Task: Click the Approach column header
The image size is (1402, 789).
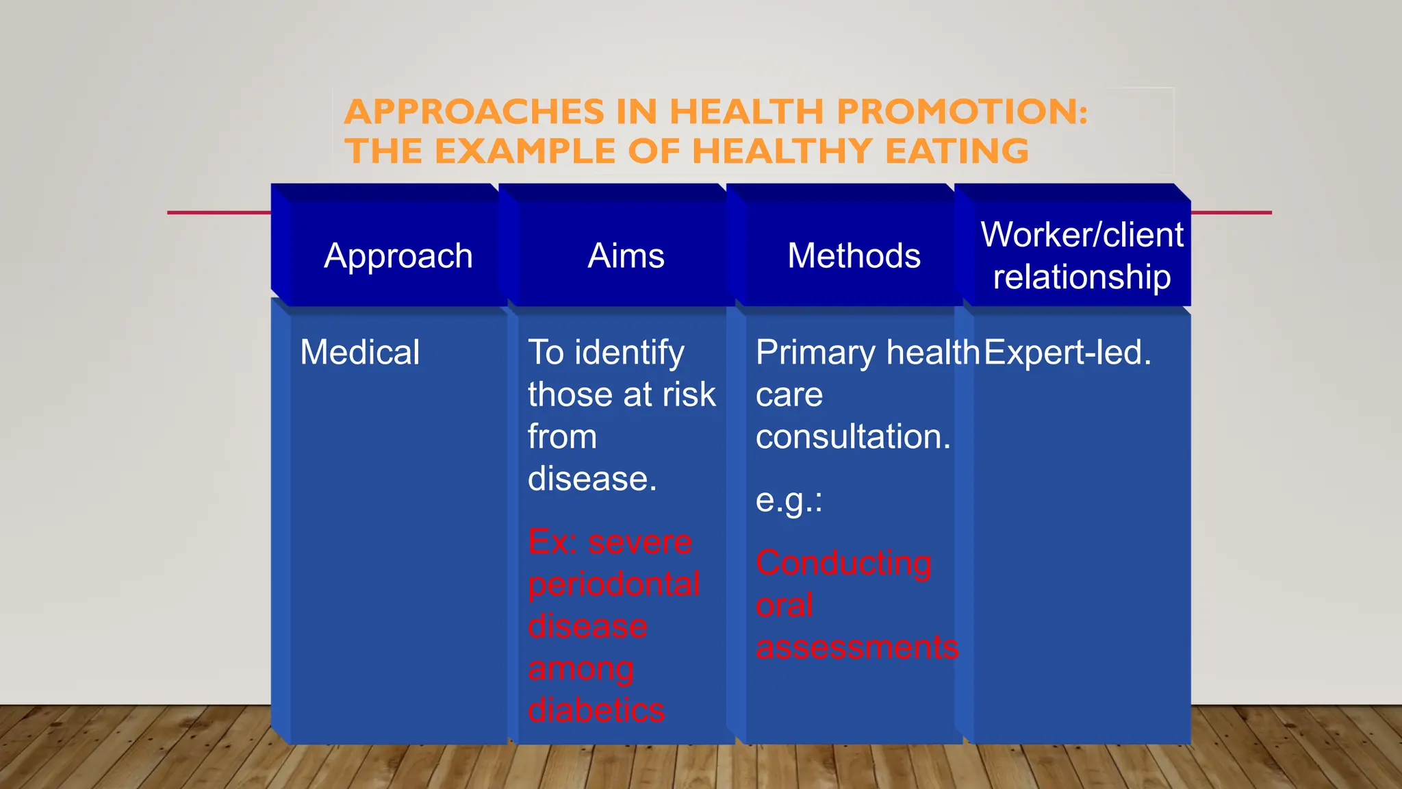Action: point(398,256)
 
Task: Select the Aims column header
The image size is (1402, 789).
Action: point(626,256)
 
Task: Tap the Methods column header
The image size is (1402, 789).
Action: point(854,256)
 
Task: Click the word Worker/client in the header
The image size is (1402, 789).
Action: point(1082,235)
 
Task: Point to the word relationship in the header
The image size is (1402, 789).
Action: point(1082,277)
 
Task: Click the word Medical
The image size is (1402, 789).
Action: point(359,353)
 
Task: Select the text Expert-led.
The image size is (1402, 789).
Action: point(1067,353)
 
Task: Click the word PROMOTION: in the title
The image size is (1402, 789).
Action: point(962,112)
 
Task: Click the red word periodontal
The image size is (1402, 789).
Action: point(613,584)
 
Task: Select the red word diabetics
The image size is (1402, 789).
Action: point(596,710)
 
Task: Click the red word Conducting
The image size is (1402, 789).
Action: point(843,563)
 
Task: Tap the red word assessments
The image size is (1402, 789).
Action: point(856,647)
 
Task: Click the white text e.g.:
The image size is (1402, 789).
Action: point(788,501)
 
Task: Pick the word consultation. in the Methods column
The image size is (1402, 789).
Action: point(852,437)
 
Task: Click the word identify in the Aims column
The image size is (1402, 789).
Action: point(629,353)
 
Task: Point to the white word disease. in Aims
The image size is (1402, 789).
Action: point(591,479)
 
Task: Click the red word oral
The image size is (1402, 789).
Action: point(784,605)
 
